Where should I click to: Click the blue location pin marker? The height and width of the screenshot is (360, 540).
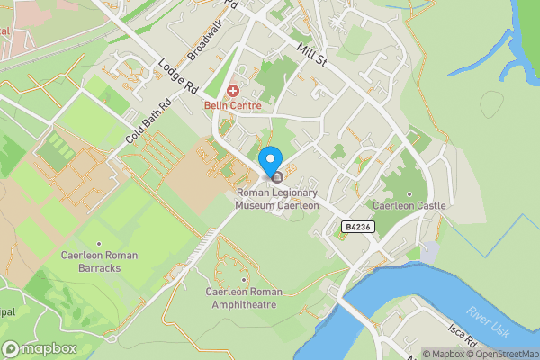pyautogui.click(x=270, y=161)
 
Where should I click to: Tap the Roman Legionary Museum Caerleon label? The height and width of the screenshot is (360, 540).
pyautogui.click(x=277, y=199)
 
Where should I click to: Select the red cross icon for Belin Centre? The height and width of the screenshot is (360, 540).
pyautogui.click(x=233, y=91)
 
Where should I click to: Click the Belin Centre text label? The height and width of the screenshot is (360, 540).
pyautogui.click(x=232, y=106)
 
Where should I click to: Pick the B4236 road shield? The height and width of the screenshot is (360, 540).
pyautogui.click(x=357, y=229)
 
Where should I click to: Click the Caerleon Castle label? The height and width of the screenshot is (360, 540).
pyautogui.click(x=409, y=206)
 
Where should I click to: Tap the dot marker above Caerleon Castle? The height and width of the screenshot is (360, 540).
pyautogui.click(x=409, y=193)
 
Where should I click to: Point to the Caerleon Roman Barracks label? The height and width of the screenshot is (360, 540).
pyautogui.click(x=99, y=261)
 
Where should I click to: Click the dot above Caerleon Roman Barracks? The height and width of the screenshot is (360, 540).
pyautogui.click(x=99, y=243)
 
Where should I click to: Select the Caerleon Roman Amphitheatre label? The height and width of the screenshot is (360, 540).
pyautogui.click(x=244, y=298)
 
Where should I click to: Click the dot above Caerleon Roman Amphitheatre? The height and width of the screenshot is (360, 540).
pyautogui.click(x=244, y=279)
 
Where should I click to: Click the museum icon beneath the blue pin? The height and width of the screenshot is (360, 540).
pyautogui.click(x=276, y=177)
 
